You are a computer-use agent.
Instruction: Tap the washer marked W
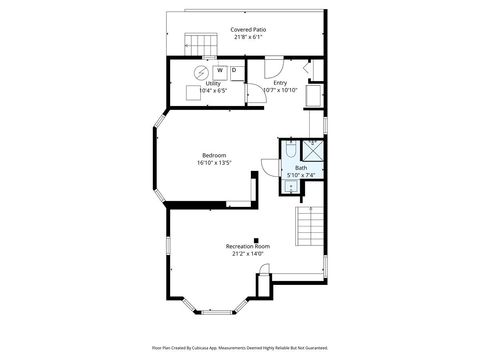point(219,71)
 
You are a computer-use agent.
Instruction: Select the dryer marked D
point(234,71)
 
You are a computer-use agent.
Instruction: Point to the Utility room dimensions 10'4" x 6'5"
point(213,91)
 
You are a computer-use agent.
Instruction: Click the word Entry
point(281,83)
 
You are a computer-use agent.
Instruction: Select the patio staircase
point(201,45)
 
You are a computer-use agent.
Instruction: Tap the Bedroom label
point(214,155)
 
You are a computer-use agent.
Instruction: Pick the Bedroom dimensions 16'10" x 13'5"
point(214,163)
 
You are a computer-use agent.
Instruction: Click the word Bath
point(300,168)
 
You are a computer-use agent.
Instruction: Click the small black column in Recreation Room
point(256,239)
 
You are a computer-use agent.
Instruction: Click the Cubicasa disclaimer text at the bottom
point(240,348)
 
